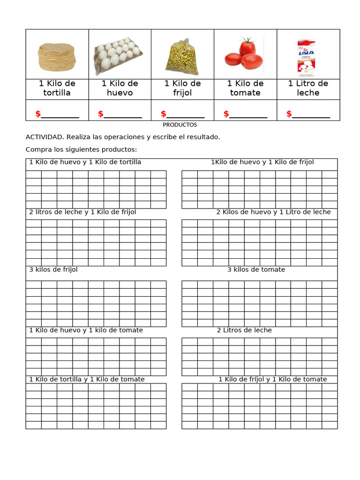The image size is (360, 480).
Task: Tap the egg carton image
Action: click(x=119, y=55)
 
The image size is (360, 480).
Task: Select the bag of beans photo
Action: click(x=182, y=57)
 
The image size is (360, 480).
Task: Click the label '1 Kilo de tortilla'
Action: click(x=57, y=88)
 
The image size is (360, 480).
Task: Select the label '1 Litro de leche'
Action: click(x=308, y=88)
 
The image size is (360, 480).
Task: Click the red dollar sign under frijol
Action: click(x=164, y=114)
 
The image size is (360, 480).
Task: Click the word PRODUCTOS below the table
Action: click(x=180, y=125)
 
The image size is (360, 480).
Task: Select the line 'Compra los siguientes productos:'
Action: click(x=81, y=150)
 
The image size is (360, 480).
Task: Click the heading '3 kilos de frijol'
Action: click(x=53, y=270)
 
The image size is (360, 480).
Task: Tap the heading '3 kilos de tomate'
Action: click(x=256, y=270)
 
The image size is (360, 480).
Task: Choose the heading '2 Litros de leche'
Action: click(x=244, y=330)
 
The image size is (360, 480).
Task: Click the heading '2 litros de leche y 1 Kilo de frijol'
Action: click(x=82, y=212)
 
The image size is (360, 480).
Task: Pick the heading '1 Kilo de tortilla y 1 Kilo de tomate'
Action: click(x=87, y=379)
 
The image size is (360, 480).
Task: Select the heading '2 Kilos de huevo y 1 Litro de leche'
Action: click(x=273, y=212)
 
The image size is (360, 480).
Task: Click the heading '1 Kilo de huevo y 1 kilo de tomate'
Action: click(x=86, y=330)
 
